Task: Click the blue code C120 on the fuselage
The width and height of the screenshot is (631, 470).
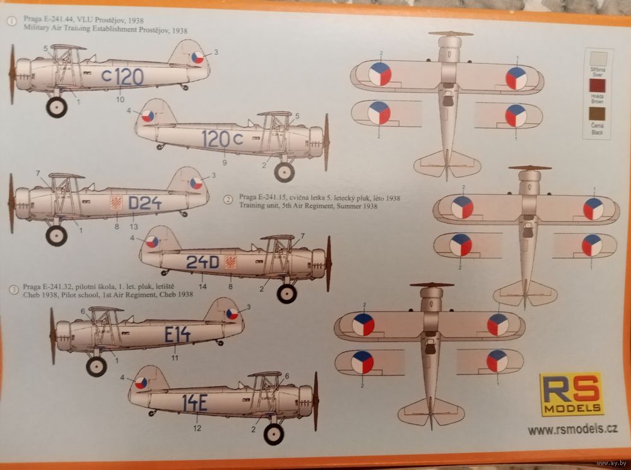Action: click(x=122, y=76)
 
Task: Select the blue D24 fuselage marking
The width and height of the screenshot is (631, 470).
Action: click(x=144, y=203)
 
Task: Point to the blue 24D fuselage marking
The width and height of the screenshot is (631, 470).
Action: click(x=202, y=262)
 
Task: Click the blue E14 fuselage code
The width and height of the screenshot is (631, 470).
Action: click(x=177, y=335)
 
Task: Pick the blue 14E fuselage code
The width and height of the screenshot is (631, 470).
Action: click(x=194, y=402)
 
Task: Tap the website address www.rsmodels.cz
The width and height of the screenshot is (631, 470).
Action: click(x=572, y=430)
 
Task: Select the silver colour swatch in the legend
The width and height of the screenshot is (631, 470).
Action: click(x=597, y=59)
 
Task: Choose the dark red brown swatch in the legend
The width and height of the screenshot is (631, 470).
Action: click(x=597, y=86)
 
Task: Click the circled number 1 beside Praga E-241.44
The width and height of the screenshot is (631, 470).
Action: click(x=11, y=21)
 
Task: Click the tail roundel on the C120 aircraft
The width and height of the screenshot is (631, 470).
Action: click(x=198, y=57)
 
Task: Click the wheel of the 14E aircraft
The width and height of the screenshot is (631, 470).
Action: click(x=274, y=433)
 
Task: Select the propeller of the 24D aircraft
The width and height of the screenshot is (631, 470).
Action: click(x=329, y=264)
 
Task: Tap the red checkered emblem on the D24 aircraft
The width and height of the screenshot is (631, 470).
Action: click(x=115, y=202)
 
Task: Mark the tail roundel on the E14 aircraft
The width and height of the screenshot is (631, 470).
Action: click(x=232, y=313)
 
